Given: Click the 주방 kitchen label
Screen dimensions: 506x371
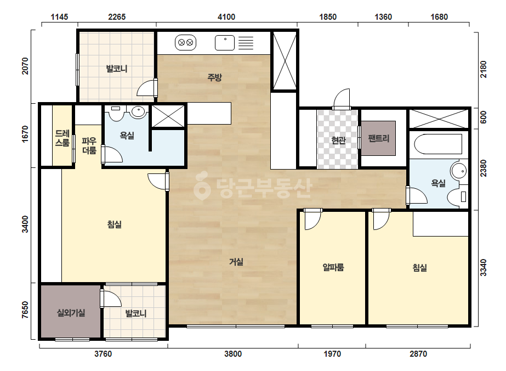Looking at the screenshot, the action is (x=214, y=77).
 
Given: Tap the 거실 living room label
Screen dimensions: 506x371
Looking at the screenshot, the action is (x=236, y=262).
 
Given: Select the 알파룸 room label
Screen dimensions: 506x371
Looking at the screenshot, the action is (x=333, y=267).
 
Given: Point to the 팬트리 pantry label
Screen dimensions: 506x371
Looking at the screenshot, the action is (x=378, y=138).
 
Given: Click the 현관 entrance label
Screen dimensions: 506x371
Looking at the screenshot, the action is (x=338, y=140).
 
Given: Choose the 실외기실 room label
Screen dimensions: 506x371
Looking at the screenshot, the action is (x=71, y=312).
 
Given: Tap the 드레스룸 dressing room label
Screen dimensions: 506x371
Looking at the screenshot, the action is (x=62, y=138).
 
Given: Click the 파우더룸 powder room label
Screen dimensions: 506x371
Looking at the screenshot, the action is (x=89, y=146).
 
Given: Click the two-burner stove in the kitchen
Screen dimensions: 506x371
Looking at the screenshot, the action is (x=185, y=42).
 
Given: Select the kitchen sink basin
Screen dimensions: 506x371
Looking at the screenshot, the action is (x=225, y=43).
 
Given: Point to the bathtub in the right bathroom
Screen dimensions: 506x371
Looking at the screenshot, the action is (x=438, y=144).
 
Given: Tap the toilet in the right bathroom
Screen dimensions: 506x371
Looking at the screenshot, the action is (x=458, y=196).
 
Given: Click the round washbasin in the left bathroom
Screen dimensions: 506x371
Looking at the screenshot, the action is (x=139, y=111).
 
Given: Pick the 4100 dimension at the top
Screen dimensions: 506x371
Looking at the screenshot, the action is (x=226, y=17).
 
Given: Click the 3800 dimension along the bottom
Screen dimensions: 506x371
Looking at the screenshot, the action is (x=233, y=354).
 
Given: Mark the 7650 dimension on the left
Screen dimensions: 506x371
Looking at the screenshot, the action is (x=25, y=310).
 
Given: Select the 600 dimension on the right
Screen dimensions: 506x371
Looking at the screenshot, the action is (x=483, y=117).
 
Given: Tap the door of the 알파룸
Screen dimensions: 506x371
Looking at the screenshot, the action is (x=313, y=219).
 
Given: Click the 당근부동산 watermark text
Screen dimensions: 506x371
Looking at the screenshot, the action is (x=253, y=188).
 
